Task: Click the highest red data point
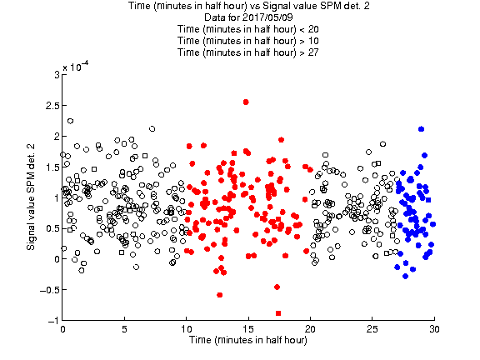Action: click(246, 102)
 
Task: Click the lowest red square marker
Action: click(278, 313)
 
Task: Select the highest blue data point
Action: click(421, 129)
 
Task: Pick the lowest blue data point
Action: click(405, 276)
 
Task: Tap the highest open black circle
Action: click(70, 121)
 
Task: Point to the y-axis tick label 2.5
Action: click(52, 106)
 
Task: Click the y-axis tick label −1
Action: click(53, 321)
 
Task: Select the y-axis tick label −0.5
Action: click(50, 290)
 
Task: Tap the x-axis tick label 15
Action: click(248, 329)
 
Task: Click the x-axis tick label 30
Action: click(434, 329)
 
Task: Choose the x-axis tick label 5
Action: click(124, 329)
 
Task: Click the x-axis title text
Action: click(248, 340)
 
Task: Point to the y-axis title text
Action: click(31, 197)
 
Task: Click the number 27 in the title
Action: click(313, 52)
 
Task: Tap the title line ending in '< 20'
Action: click(248, 29)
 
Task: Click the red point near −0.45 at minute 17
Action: click(277, 287)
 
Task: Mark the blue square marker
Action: click(428, 200)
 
